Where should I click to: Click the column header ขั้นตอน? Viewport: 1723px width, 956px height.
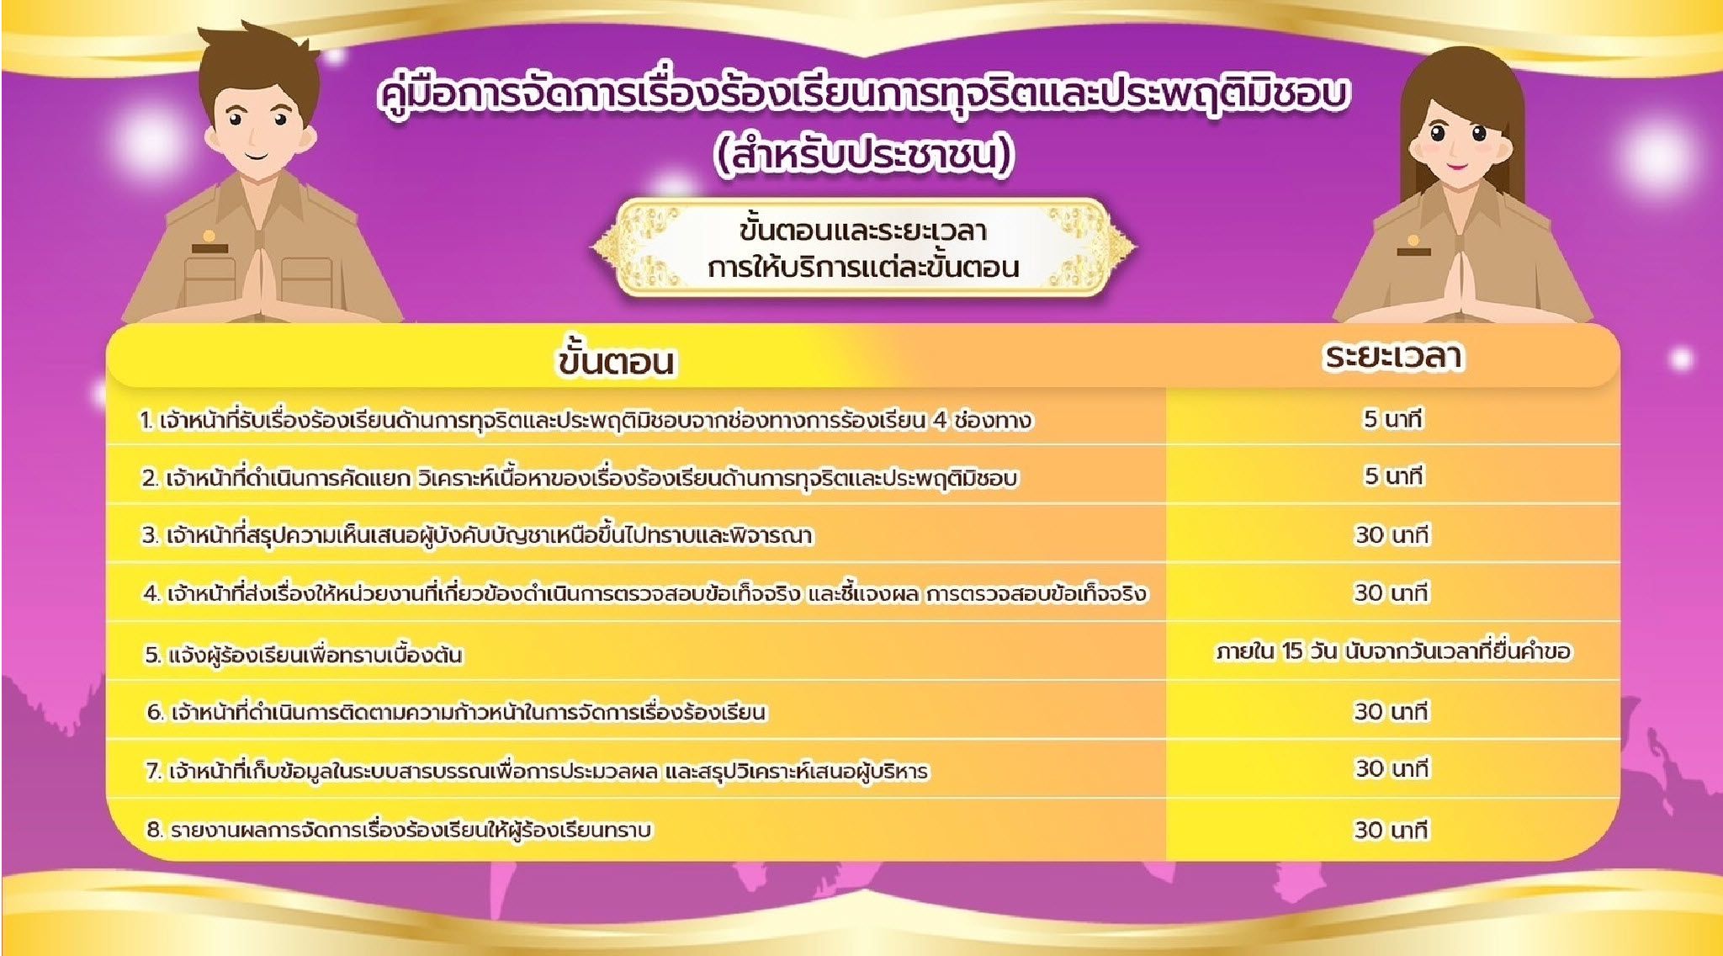coord(616,361)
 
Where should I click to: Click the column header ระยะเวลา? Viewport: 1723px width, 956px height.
coord(1392,357)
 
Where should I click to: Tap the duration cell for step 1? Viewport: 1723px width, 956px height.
coord(1392,419)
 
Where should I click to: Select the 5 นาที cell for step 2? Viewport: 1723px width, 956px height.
coord(1392,476)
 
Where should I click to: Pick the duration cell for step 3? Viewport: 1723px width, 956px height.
coord(1392,534)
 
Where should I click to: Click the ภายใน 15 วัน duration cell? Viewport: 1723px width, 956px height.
coord(1392,651)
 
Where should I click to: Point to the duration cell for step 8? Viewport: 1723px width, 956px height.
coord(1392,830)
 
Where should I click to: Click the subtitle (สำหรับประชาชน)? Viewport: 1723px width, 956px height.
coord(864,156)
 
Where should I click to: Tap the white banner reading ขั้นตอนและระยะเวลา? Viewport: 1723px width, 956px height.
coord(863,248)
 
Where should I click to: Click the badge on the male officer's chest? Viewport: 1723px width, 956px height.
coord(209,242)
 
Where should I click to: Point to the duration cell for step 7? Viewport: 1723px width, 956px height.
coord(1392,768)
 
